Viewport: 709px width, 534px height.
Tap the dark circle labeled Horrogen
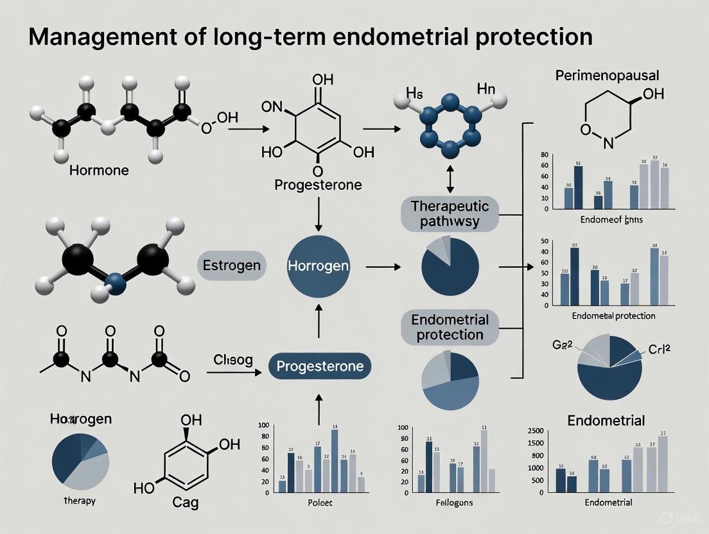pyautogui.click(x=319, y=265)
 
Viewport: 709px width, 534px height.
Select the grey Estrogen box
pyautogui.click(x=232, y=266)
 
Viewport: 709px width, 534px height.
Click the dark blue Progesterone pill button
pyautogui.click(x=320, y=366)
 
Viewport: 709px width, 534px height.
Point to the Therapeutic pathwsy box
pyautogui.click(x=450, y=214)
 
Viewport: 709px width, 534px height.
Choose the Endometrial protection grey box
pyautogui.click(x=450, y=327)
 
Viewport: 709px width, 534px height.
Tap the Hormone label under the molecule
pyautogui.click(x=100, y=171)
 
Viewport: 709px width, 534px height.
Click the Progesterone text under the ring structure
pyautogui.click(x=318, y=185)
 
